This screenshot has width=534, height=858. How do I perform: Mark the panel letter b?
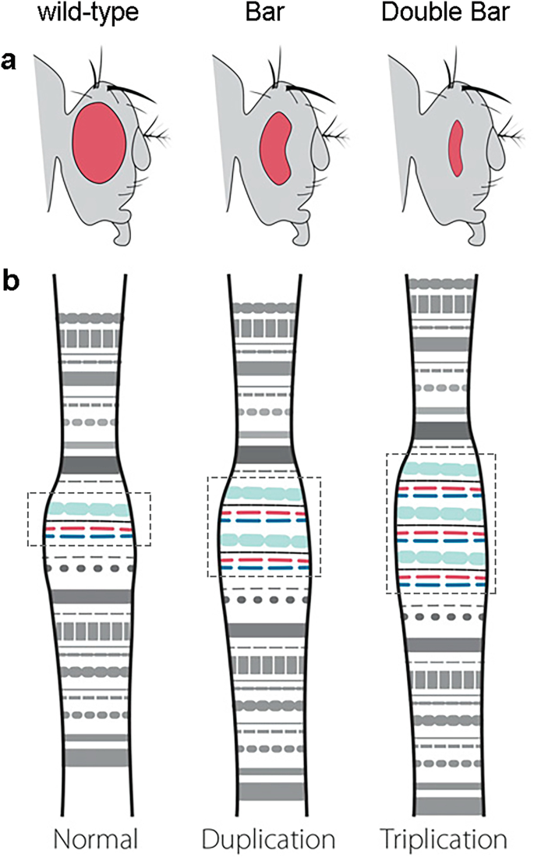11,281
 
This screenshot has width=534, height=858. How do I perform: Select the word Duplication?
268,838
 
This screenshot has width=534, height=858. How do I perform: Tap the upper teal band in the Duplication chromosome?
264,493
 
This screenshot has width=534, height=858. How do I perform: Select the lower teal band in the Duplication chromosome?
264,539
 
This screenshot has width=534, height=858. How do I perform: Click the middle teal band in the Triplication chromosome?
440,512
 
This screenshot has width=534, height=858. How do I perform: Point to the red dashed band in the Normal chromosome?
88,528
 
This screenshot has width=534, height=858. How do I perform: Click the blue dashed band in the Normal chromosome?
88,537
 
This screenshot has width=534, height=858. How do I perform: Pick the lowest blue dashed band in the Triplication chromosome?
440,583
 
